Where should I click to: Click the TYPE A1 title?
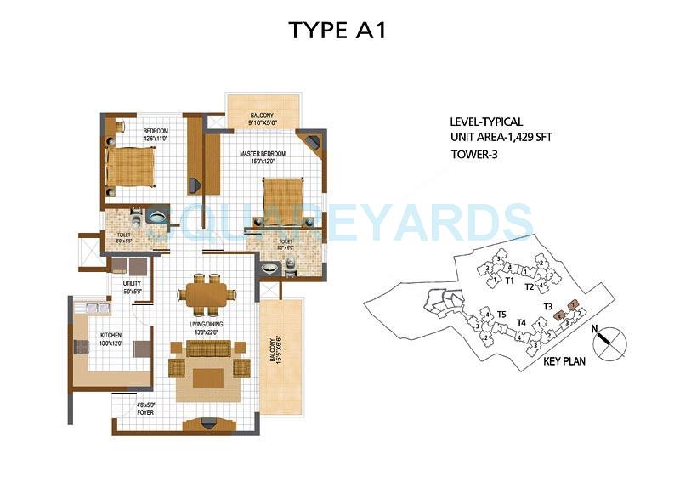click(x=339, y=30)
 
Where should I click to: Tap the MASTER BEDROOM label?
click(x=262, y=154)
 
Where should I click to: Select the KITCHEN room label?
click(x=111, y=336)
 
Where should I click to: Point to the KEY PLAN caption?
click(x=567, y=360)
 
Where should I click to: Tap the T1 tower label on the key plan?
click(x=510, y=280)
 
